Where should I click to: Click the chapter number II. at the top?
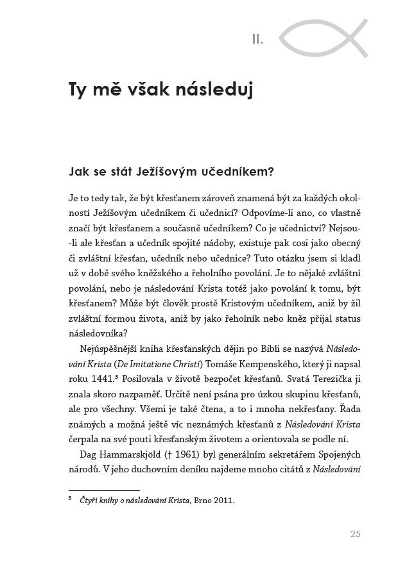[257, 40]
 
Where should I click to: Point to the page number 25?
[356, 533]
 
